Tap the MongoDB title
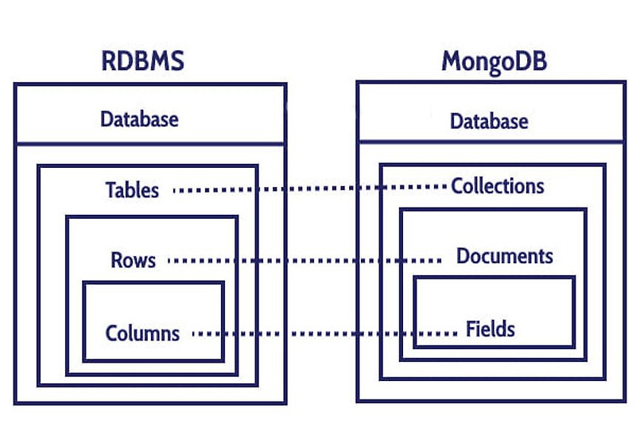(x=494, y=61)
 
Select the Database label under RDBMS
(x=139, y=119)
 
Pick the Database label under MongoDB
(x=489, y=122)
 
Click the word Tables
(x=132, y=190)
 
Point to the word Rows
(x=133, y=260)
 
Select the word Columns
(x=142, y=333)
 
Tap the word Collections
(x=498, y=186)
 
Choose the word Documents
(x=505, y=256)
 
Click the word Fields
(x=491, y=329)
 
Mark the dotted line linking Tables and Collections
(x=310, y=189)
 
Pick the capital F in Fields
(x=471, y=329)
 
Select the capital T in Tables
(x=111, y=190)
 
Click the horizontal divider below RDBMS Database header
(x=149, y=143)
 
